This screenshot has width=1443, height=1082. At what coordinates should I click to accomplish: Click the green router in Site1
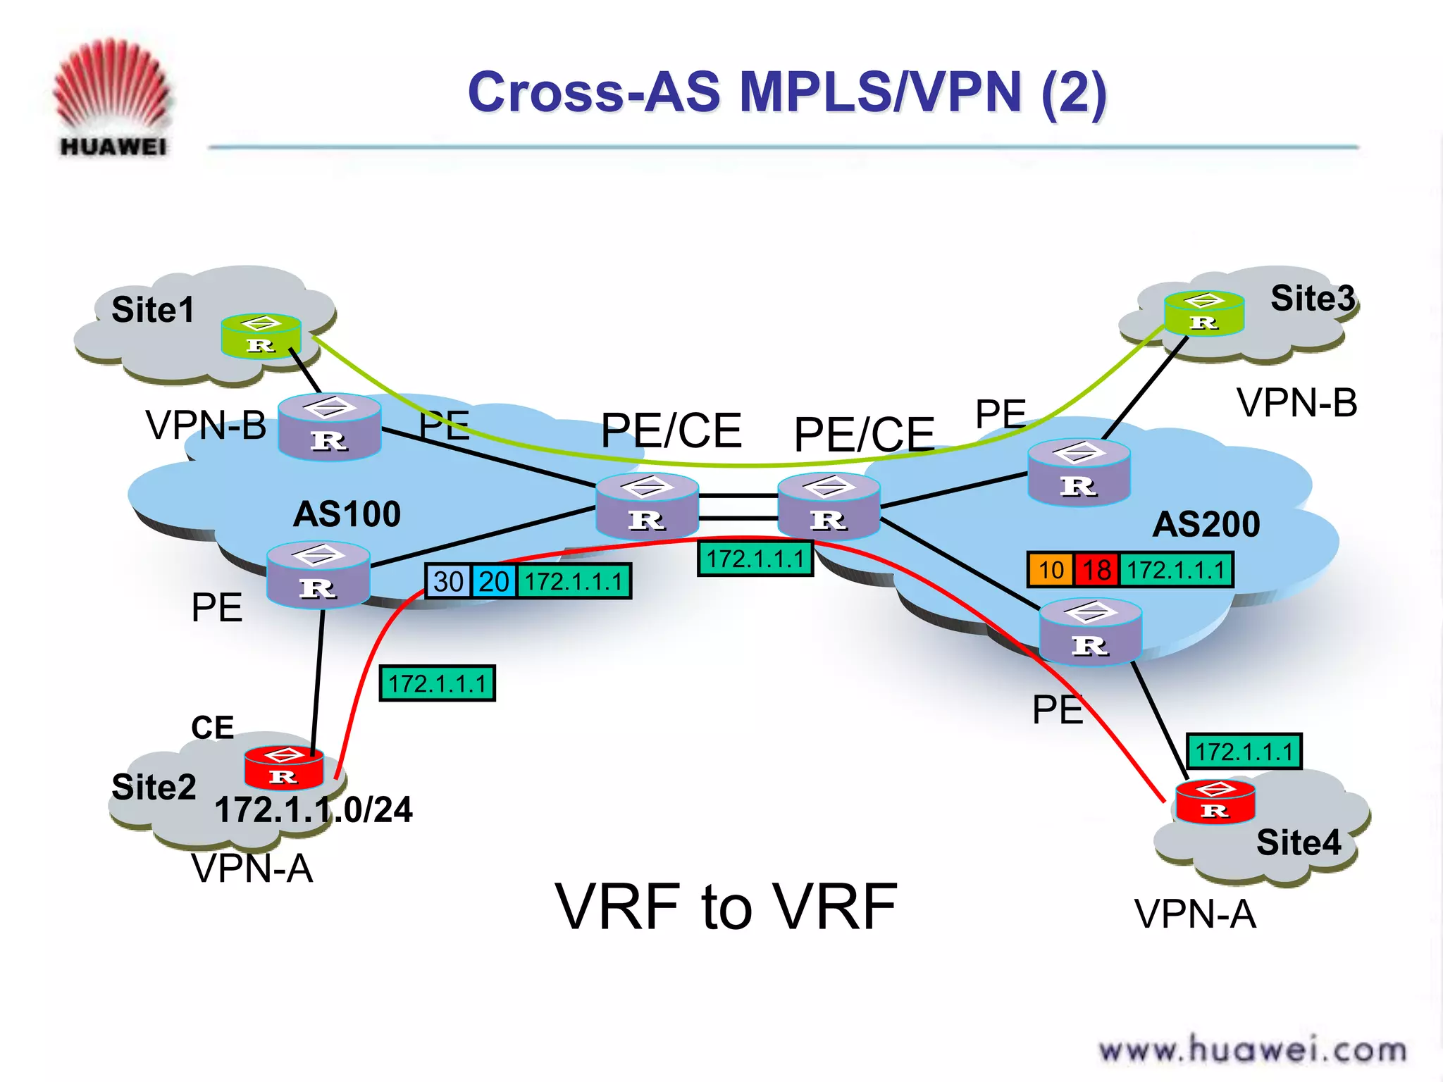tap(261, 336)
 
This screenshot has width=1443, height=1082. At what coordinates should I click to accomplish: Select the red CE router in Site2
tap(283, 768)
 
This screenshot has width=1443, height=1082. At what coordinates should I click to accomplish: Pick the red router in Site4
tap(1215, 802)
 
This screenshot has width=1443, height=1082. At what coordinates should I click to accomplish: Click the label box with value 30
tap(448, 582)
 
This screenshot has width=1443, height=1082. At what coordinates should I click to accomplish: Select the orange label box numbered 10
tap(1051, 570)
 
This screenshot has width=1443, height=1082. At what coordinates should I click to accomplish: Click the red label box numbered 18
tap(1096, 570)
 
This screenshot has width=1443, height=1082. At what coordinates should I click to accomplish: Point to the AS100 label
tap(347, 514)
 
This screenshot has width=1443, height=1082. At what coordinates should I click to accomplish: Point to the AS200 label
tap(1206, 525)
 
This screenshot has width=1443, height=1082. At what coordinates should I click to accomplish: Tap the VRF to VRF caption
tap(726, 907)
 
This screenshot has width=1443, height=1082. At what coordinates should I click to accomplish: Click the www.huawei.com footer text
tap(1252, 1050)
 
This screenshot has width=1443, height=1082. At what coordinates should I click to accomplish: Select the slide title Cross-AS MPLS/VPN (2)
tap(787, 92)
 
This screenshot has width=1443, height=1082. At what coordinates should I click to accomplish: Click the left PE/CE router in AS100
tap(647, 506)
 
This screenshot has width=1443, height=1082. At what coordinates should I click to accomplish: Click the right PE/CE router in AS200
tap(829, 506)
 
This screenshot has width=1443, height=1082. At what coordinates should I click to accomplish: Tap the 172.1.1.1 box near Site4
tap(1244, 752)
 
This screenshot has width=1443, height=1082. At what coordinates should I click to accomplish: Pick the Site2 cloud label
tap(154, 787)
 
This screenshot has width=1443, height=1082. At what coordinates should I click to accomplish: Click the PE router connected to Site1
tap(329, 427)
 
